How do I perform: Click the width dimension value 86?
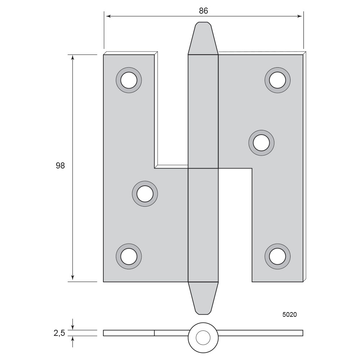coord(203,10)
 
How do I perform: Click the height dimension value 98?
coord(60,166)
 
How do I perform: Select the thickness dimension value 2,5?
coord(59,333)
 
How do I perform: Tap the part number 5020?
coord(289,315)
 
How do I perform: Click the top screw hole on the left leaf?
coord(129,80)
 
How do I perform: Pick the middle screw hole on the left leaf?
coord(145,194)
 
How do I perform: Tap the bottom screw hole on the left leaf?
coord(129,256)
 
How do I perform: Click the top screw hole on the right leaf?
coord(278,80)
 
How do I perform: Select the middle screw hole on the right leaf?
coord(261,143)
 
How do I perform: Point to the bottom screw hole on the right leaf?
coord(278,256)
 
